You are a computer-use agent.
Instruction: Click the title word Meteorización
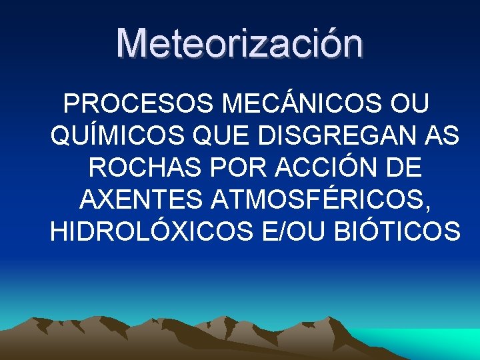coord(240,44)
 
